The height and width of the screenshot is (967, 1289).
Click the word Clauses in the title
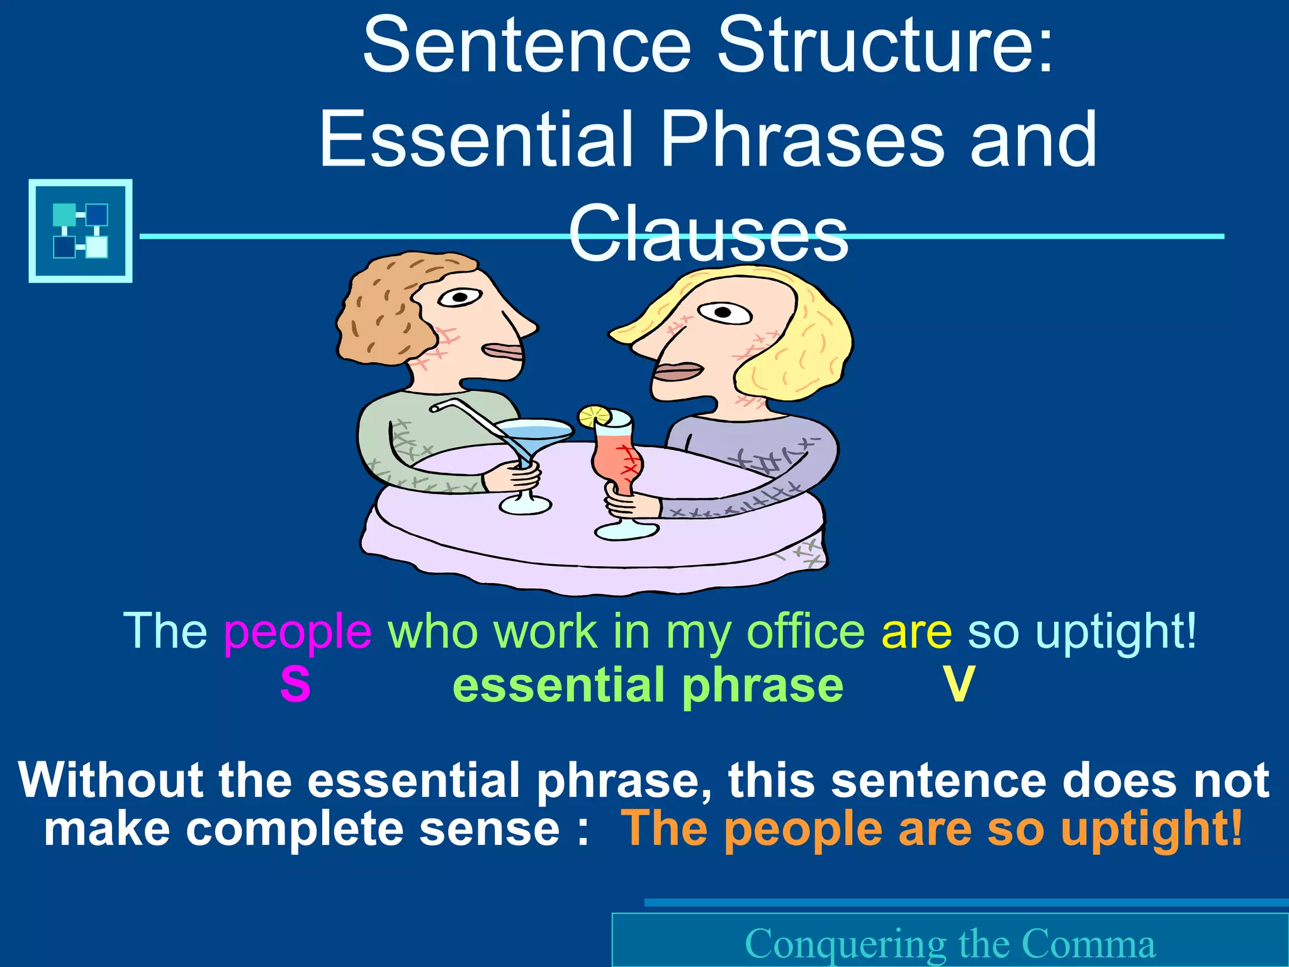coord(709,234)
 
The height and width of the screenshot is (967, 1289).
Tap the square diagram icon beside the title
coord(81,230)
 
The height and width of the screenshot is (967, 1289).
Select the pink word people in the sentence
coord(298,631)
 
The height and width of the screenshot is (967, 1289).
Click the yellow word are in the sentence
coord(916,631)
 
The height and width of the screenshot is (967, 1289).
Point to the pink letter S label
coord(295,684)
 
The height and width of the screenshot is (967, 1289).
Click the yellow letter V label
coord(959,684)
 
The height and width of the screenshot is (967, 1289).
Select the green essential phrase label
coord(648,686)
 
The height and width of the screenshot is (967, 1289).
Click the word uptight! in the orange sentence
coord(1151,829)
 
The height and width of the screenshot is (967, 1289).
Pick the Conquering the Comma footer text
coord(950,943)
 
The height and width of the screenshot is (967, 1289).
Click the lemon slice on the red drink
coord(594,416)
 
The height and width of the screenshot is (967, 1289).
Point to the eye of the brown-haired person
coord(461,297)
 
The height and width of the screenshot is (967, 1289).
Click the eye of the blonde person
coord(724,312)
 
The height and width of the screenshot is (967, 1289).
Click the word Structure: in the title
coord(884,45)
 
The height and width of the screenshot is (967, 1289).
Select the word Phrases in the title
coord(801,139)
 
